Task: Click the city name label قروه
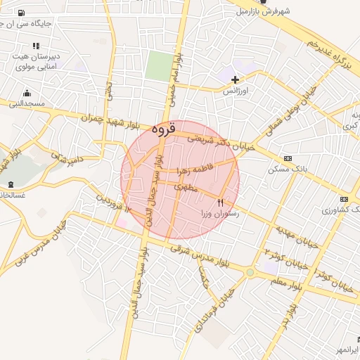(x=162, y=129)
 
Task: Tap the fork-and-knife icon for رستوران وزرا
(x=221, y=202)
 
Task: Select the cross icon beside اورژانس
(x=235, y=79)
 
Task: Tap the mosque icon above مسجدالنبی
(x=27, y=93)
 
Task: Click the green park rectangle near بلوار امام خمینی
(x=160, y=67)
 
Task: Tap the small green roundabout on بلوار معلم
(x=250, y=272)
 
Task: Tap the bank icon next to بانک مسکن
(x=286, y=159)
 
